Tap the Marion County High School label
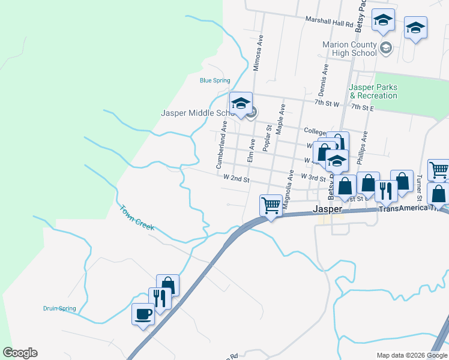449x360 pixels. tap(349, 49)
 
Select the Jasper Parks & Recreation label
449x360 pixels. tap(373, 91)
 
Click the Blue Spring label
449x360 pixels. tap(215, 80)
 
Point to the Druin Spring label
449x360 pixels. tap(59, 308)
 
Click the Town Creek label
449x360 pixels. tap(137, 218)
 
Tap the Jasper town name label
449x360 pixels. tap(328, 209)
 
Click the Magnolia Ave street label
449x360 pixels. tap(289, 188)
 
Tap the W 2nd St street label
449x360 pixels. tap(235, 178)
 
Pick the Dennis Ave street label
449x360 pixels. tap(324, 81)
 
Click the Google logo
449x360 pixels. tap(20, 353)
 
